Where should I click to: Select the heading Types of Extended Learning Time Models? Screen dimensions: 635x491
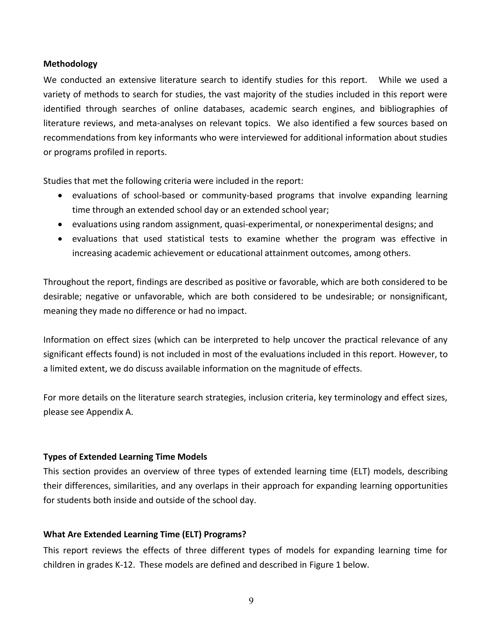125,456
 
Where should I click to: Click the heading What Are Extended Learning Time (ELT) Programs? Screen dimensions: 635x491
145,534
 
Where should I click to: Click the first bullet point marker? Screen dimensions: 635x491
60,196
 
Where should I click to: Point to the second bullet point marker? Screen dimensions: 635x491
60,225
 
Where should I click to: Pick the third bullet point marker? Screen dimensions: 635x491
60,239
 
